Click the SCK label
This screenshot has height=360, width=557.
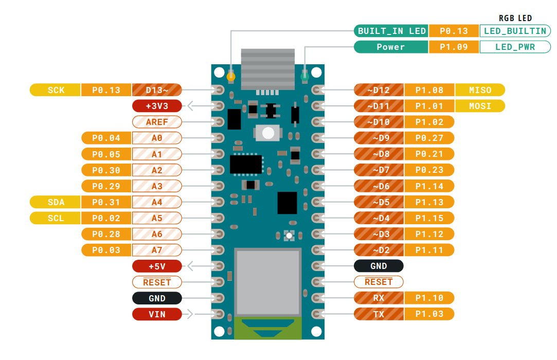[56, 90]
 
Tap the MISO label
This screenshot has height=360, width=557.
[480, 90]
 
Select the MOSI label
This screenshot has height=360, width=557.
[480, 106]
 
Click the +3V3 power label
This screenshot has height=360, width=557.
[157, 106]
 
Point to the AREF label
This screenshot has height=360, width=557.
[157, 122]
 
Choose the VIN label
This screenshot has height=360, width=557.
[157, 314]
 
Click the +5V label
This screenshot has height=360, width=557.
[157, 266]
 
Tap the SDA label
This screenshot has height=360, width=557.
[56, 202]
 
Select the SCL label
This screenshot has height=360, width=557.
[56, 218]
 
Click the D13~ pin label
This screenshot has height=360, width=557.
[157, 90]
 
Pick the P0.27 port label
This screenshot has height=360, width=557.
[429, 138]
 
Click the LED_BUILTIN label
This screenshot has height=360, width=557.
[515, 31]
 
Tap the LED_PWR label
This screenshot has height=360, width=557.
[515, 47]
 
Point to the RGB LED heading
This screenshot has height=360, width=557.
[515, 18]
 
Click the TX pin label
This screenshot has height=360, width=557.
[379, 314]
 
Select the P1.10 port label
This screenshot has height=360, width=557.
[429, 298]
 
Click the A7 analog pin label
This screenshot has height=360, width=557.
[157, 250]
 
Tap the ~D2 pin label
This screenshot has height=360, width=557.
[379, 250]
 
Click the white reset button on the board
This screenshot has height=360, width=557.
[268, 133]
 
